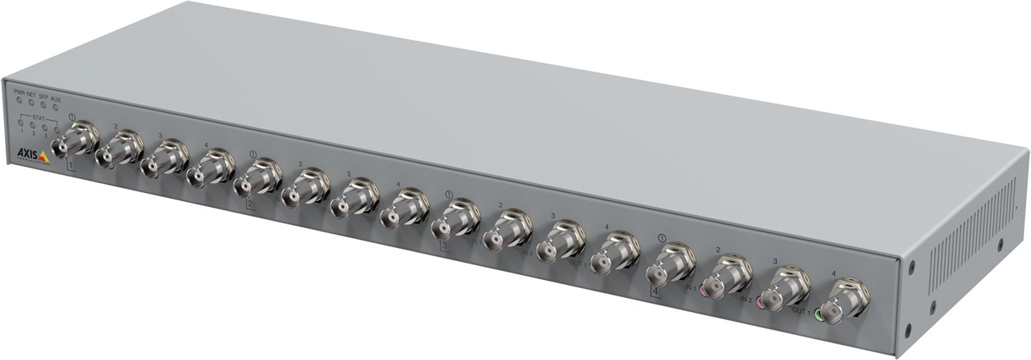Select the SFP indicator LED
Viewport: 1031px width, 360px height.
(44, 106)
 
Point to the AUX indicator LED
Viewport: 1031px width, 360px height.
(56, 108)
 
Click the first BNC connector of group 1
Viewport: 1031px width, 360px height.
(74, 140)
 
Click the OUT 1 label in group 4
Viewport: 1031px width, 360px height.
(801, 311)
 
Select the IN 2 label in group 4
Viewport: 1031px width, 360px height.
(745, 300)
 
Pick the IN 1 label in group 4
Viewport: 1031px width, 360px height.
(691, 288)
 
